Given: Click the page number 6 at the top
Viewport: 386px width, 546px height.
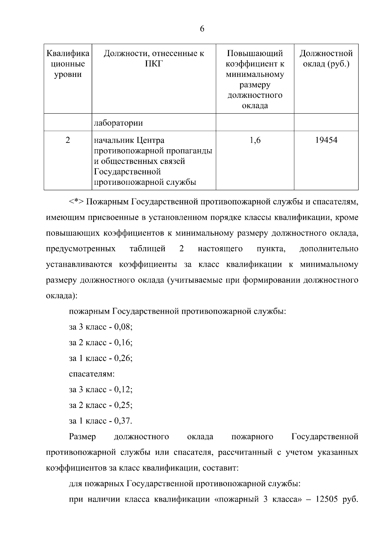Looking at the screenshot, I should click(202, 29).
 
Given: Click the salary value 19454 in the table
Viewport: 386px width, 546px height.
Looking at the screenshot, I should click(326, 140).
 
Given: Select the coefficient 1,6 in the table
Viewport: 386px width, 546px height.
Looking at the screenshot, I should click(255, 140).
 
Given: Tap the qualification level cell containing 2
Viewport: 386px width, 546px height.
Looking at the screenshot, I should click(68, 140).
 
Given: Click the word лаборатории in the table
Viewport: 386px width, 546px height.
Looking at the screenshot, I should click(118, 123).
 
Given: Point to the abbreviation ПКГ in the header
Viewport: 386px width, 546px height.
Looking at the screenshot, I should click(154, 64).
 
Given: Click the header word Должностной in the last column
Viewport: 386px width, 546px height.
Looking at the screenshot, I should click(326, 53).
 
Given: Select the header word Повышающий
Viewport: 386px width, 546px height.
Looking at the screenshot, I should click(255, 53).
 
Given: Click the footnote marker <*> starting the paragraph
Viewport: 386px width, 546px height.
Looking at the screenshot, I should click(76, 202).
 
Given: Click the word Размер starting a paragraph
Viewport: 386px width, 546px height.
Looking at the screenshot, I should click(82, 437).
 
